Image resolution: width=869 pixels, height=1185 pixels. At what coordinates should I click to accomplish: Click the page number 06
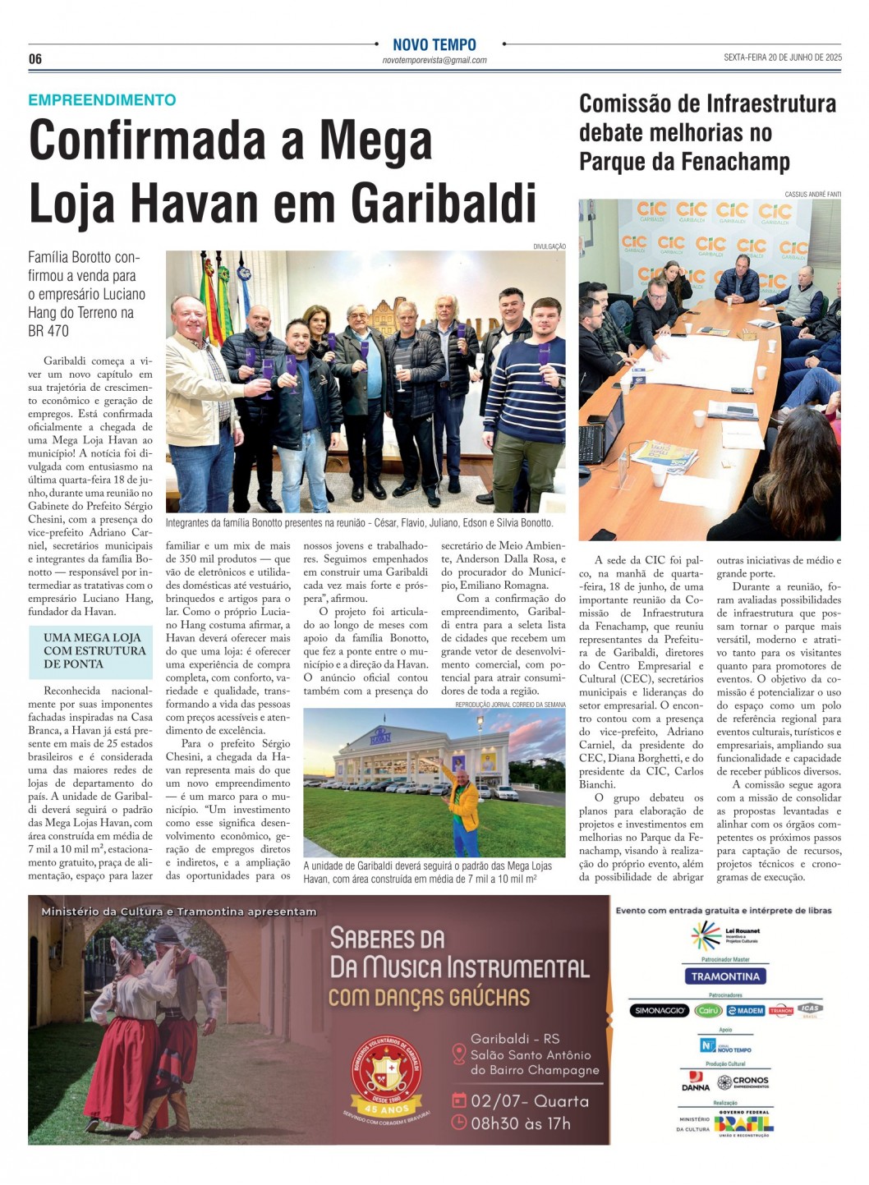click(34, 59)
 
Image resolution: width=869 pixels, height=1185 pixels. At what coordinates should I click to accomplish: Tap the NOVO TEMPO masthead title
click(434, 45)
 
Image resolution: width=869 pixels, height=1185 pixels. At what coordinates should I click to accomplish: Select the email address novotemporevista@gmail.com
click(434, 61)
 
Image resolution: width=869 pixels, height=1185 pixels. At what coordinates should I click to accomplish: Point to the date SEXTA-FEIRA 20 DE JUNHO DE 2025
click(782, 57)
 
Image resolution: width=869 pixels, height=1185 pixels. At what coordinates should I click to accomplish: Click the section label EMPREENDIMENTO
click(102, 100)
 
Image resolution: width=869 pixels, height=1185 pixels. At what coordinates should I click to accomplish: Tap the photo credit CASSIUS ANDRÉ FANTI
click(812, 195)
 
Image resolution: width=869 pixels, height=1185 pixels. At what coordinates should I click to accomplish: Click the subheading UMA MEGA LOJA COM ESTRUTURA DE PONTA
click(94, 650)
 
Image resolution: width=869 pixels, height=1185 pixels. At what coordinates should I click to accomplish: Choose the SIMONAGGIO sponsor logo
click(660, 1011)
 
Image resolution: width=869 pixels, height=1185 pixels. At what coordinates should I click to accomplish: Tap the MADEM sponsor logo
click(746, 1011)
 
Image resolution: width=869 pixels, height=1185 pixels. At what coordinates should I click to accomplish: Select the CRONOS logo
click(743, 1082)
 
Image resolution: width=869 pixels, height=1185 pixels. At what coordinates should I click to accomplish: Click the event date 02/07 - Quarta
click(529, 1102)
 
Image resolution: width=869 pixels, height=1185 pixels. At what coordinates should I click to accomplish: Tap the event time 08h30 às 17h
click(520, 1123)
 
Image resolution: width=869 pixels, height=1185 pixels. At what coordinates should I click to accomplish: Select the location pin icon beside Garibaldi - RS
click(459, 1054)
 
